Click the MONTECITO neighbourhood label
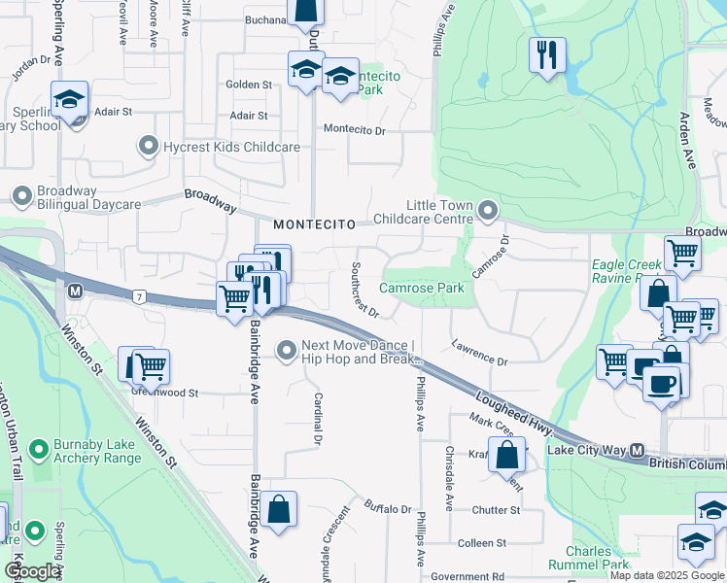pos(310,224)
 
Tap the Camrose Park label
pos(421,289)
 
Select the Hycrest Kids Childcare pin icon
pos(149,147)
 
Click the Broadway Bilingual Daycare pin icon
pos(21,197)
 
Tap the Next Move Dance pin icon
pos(287,350)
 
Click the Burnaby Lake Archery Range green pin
pos(39,450)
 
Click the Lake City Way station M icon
pos(638,451)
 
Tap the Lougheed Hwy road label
pos(514,413)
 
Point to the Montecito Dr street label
pos(355,129)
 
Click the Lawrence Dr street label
pos(479,354)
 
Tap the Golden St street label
pos(249,86)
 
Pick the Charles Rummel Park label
pos(588,559)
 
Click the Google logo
pos(33,571)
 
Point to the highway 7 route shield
pos(142,295)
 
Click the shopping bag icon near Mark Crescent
pos(507,453)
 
